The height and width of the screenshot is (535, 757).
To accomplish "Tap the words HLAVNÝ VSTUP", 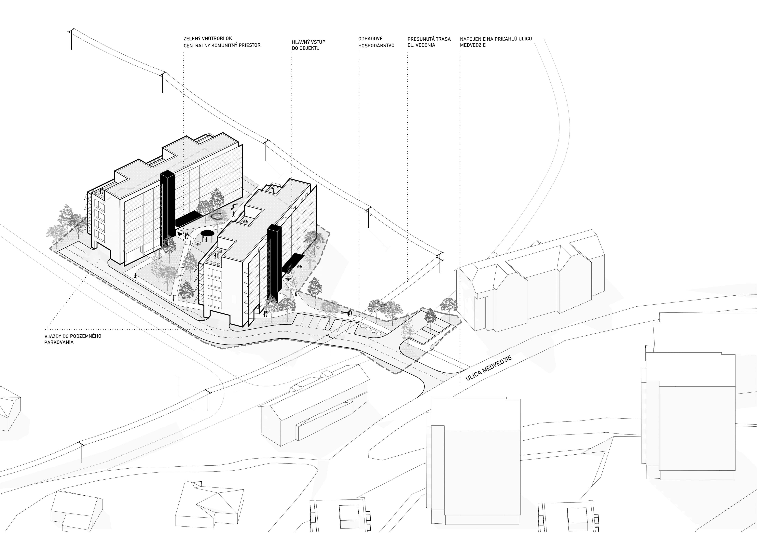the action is tap(309, 42).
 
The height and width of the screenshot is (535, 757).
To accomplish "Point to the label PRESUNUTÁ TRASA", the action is tap(429, 39).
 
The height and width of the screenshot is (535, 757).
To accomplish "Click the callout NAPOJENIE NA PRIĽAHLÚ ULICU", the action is tap(496, 39).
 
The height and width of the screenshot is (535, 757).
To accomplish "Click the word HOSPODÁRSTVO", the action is tap(376, 46).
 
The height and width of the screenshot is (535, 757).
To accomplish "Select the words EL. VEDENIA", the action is tap(421, 45).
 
